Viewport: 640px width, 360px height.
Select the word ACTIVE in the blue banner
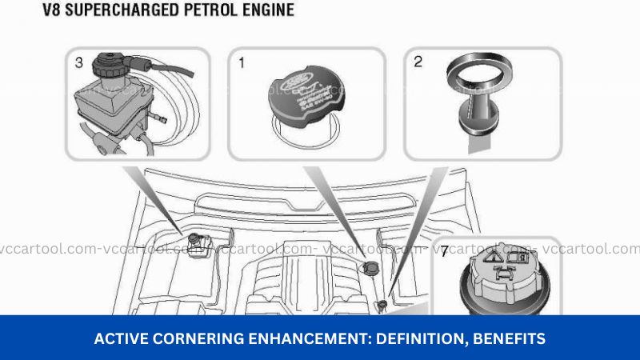tap(119, 339)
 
